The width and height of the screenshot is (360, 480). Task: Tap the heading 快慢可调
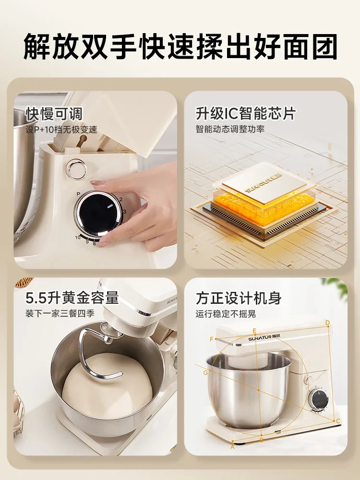[x=54, y=114]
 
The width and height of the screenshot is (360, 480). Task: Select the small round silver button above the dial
[x=77, y=170]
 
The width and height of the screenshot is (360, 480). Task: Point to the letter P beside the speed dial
[x=78, y=194]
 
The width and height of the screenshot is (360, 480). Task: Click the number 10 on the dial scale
[x=77, y=237]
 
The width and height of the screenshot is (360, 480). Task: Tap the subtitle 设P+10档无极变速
[x=61, y=130]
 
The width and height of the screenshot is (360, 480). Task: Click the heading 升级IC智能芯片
[x=245, y=114]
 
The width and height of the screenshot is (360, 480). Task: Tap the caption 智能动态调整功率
[x=230, y=129]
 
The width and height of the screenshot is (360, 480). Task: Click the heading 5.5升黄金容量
[x=72, y=298]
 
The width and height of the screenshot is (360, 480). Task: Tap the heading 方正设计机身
[x=238, y=298]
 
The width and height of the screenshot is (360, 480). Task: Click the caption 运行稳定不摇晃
[x=226, y=314]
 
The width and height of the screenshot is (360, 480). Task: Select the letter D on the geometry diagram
[x=327, y=323]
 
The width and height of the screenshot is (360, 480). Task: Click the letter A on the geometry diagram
[x=233, y=446]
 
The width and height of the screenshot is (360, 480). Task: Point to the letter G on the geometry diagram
[x=205, y=372]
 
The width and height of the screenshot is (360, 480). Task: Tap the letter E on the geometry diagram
[x=254, y=330]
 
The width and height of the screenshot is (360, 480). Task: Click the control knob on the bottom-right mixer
[x=317, y=399]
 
